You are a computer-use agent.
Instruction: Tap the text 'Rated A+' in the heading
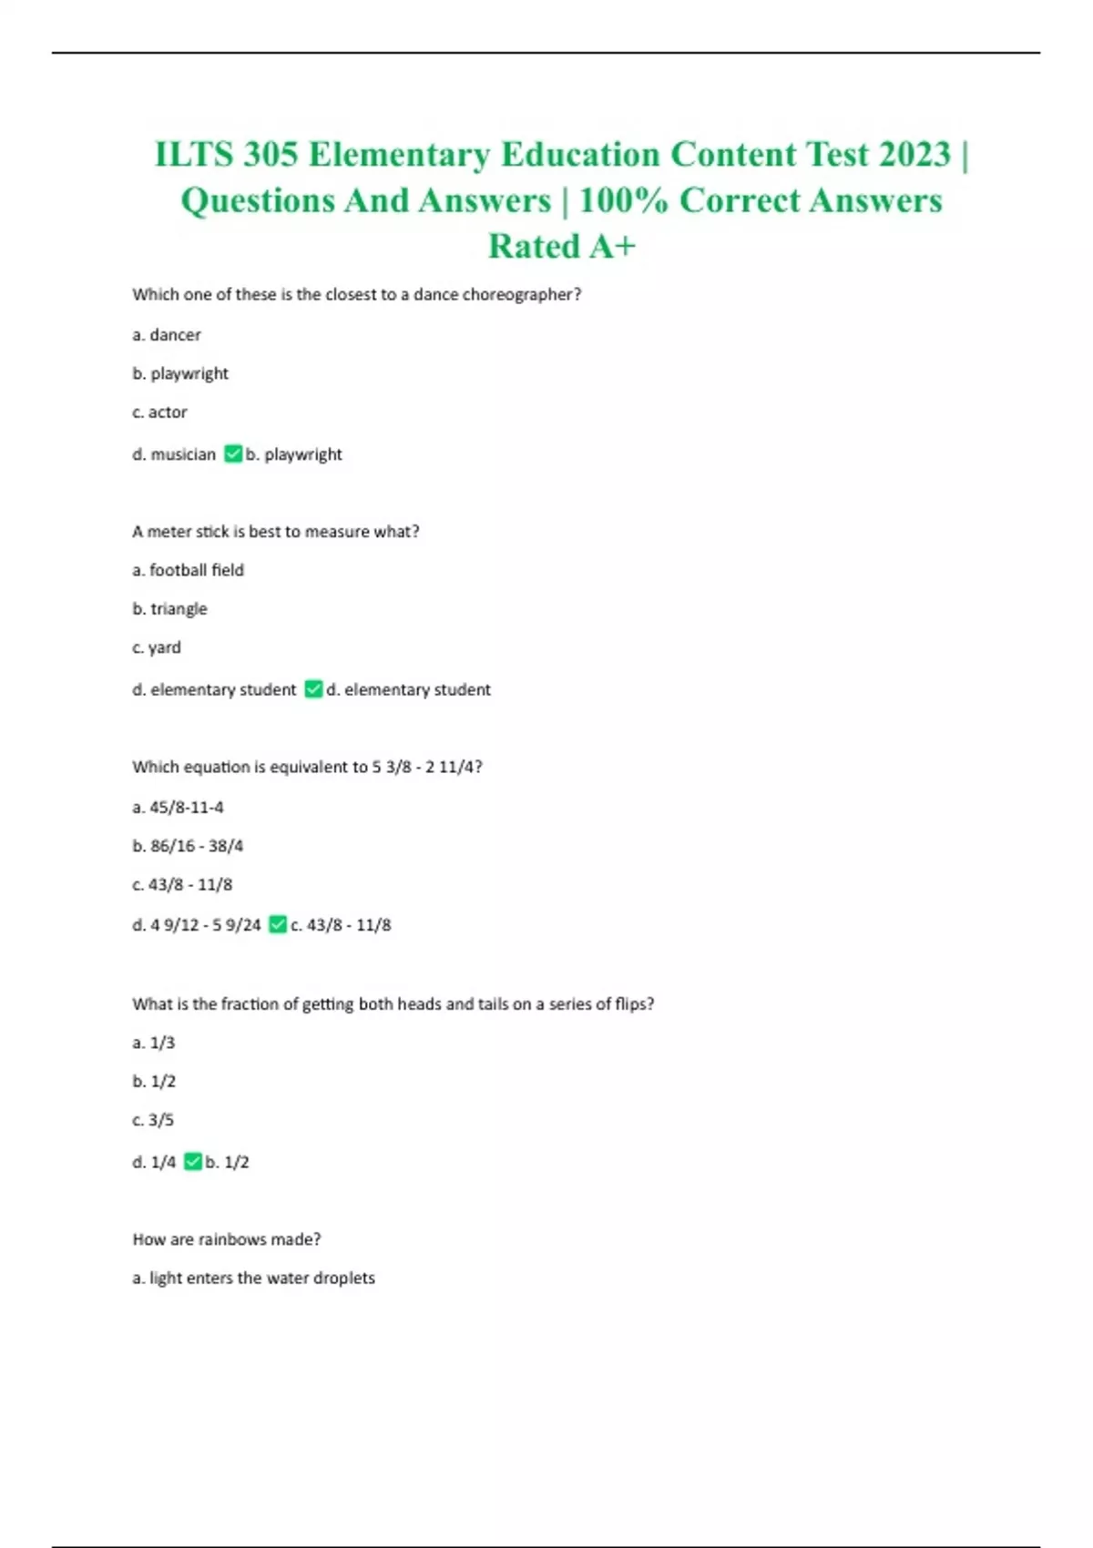tap(561, 246)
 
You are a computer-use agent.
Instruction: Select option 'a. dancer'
tap(167, 335)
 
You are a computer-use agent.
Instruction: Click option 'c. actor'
tap(160, 412)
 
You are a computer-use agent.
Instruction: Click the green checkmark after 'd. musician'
tap(233, 453)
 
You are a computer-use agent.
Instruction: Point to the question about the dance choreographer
tap(356, 295)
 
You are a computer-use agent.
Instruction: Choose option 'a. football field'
tap(189, 570)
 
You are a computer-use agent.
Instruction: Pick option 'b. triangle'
tap(170, 609)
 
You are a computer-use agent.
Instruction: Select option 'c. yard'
tap(157, 647)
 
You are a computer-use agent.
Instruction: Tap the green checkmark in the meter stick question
tap(313, 689)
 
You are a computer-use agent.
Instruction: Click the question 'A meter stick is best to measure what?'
tap(276, 532)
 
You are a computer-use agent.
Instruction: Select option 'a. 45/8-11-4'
tap(179, 808)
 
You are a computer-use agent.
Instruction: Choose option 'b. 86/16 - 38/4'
tap(188, 846)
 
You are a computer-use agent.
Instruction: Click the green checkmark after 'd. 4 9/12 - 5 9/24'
tap(278, 925)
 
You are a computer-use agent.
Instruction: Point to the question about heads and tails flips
tap(393, 1004)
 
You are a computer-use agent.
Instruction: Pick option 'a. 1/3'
tap(154, 1043)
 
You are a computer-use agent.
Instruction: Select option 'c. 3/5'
tap(153, 1120)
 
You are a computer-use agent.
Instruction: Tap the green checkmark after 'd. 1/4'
tap(192, 1162)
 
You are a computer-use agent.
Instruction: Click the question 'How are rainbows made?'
tap(227, 1239)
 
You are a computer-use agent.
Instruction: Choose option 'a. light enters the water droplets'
tap(253, 1278)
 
